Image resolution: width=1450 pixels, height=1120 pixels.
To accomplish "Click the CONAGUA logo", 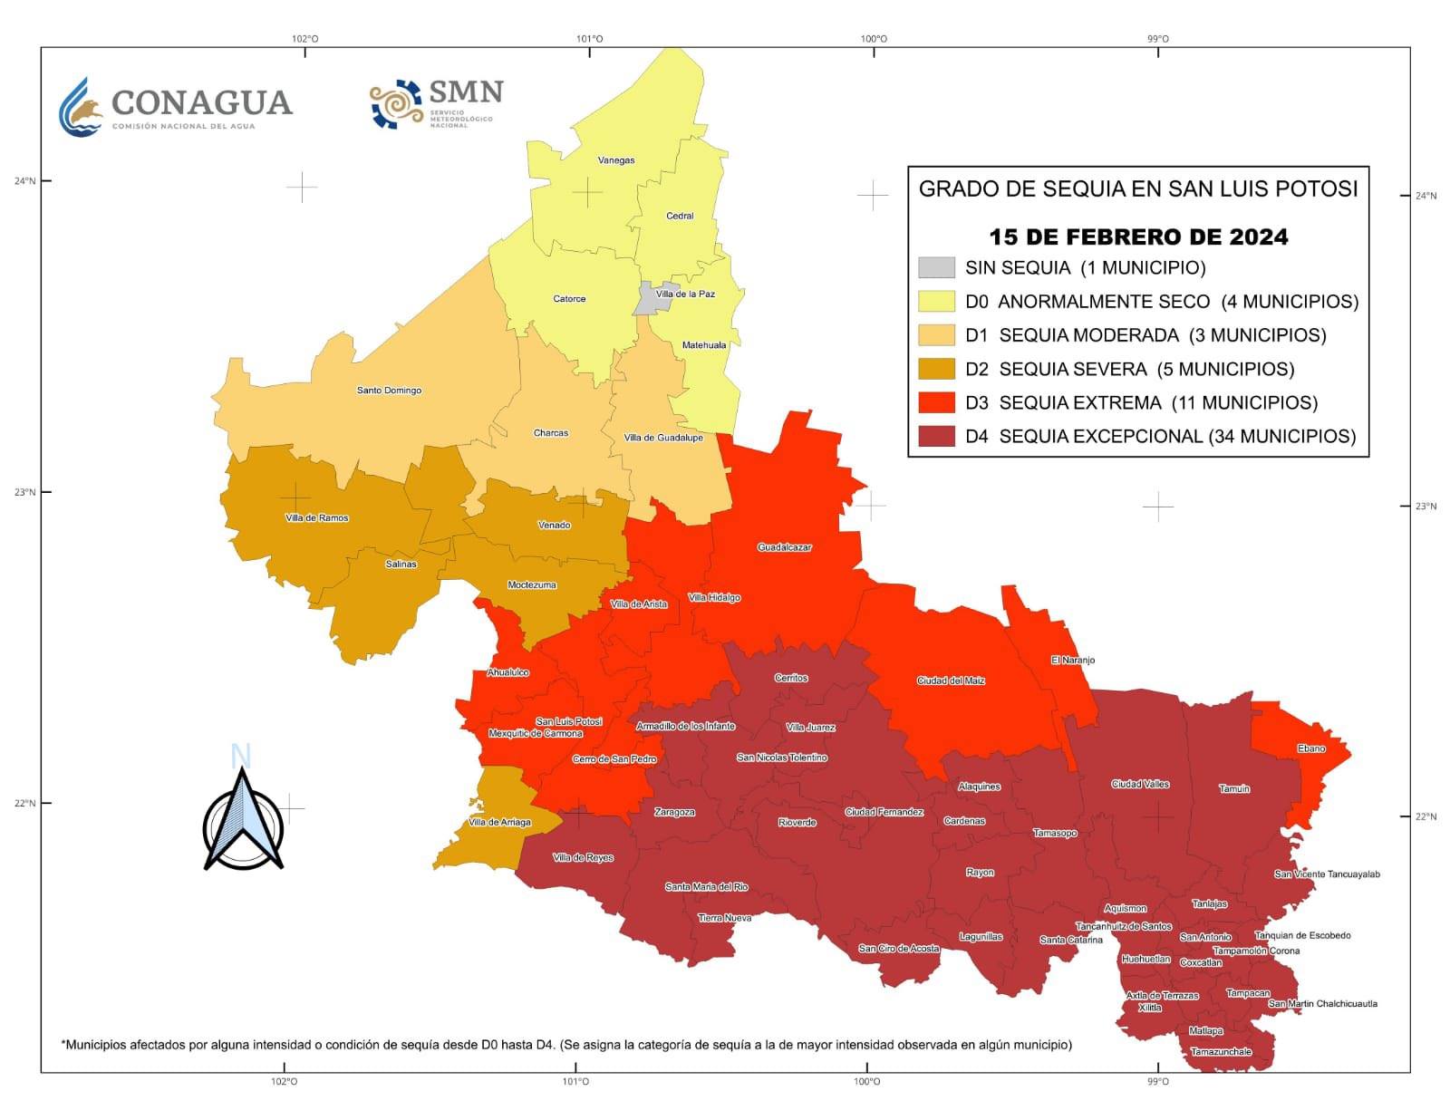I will click(175, 107).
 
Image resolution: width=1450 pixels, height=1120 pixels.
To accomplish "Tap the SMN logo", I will click(436, 102).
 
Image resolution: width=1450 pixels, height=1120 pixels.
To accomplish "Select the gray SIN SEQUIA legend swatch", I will click(936, 267).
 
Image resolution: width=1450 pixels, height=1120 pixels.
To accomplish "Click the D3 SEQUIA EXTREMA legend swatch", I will click(936, 402).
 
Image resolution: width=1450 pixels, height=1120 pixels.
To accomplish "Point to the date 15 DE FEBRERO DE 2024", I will click(1138, 237).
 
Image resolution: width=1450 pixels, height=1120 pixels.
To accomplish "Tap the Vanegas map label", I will click(616, 160).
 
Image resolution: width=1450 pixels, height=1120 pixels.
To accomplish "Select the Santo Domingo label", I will click(389, 391).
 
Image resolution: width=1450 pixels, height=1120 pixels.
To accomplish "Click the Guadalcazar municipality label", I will click(785, 547).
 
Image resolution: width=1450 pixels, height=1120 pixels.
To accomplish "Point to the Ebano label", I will click(1311, 748).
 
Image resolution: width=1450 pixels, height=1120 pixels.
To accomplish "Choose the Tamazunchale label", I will click(1221, 1052).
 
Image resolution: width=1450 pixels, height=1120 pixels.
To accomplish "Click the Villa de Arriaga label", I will click(499, 823).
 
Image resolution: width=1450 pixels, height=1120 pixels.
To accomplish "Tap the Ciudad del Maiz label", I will click(951, 681).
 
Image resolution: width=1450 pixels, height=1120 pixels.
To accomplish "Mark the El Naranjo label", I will click(1073, 661).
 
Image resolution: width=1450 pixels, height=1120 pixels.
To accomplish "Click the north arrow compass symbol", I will click(243, 820).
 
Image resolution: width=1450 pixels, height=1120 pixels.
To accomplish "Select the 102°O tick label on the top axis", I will click(304, 39).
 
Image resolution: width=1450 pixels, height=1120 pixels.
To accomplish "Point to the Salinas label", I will click(401, 565).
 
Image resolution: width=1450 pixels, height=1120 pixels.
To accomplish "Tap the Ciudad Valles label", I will click(1140, 784).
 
